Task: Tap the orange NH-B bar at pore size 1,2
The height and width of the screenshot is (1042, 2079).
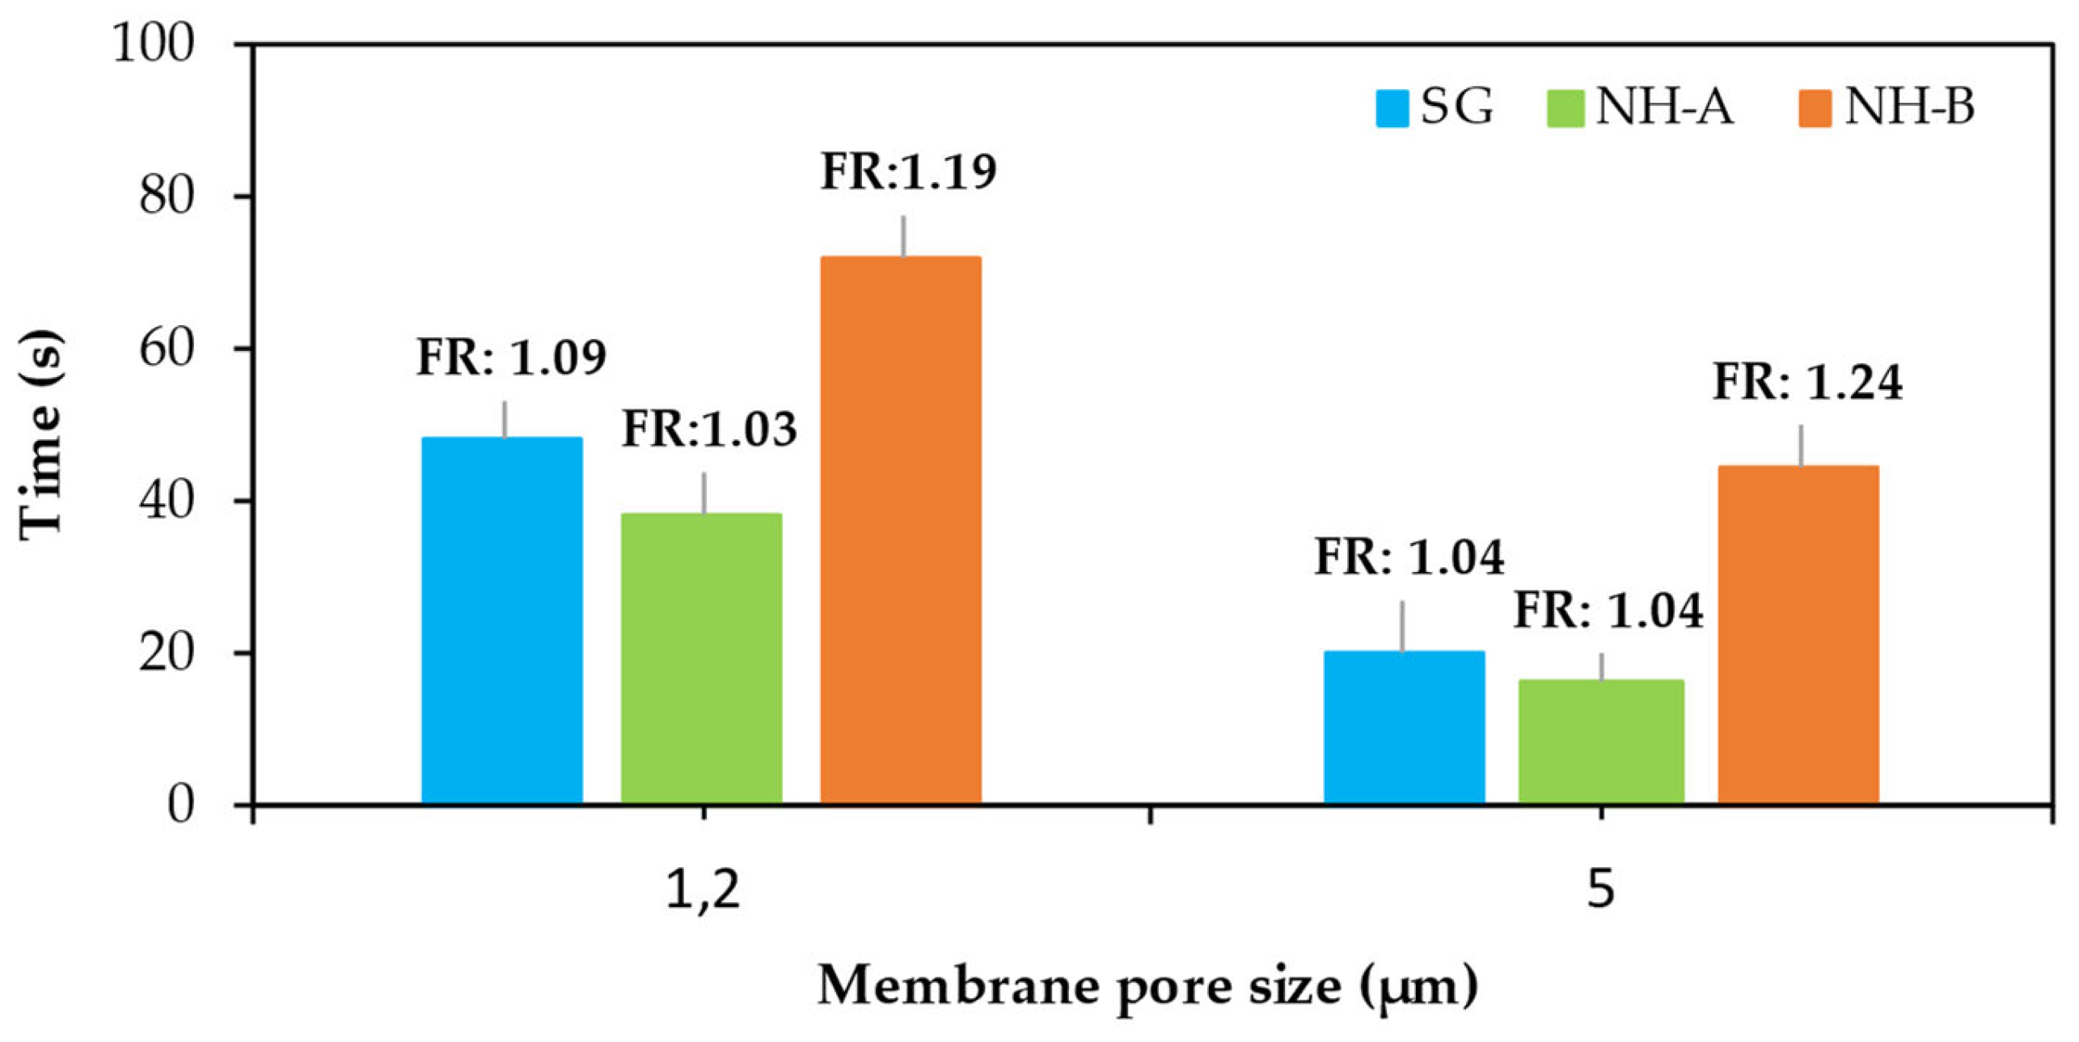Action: pyautogui.click(x=901, y=530)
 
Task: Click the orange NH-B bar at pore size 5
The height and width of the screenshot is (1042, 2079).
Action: pyautogui.click(x=1798, y=634)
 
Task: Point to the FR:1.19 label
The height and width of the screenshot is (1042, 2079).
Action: pyautogui.click(x=909, y=172)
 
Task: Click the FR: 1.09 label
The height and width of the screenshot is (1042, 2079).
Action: pyautogui.click(x=511, y=357)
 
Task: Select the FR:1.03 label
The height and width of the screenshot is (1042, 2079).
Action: pyautogui.click(x=709, y=429)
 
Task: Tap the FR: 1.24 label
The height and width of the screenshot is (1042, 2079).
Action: pyautogui.click(x=1808, y=382)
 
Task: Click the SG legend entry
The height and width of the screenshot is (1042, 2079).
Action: pyautogui.click(x=1435, y=107)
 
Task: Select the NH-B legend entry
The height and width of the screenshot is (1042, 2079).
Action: pyautogui.click(x=1887, y=107)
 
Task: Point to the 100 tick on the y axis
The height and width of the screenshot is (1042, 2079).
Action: pyautogui.click(x=154, y=44)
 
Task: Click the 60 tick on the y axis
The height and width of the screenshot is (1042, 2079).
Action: pyautogui.click(x=167, y=349)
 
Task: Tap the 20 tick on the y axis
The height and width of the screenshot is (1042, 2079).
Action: pyautogui.click(x=167, y=653)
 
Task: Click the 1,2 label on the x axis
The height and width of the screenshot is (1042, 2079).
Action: pyautogui.click(x=703, y=890)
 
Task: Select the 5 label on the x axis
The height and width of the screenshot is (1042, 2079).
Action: pyautogui.click(x=1601, y=890)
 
